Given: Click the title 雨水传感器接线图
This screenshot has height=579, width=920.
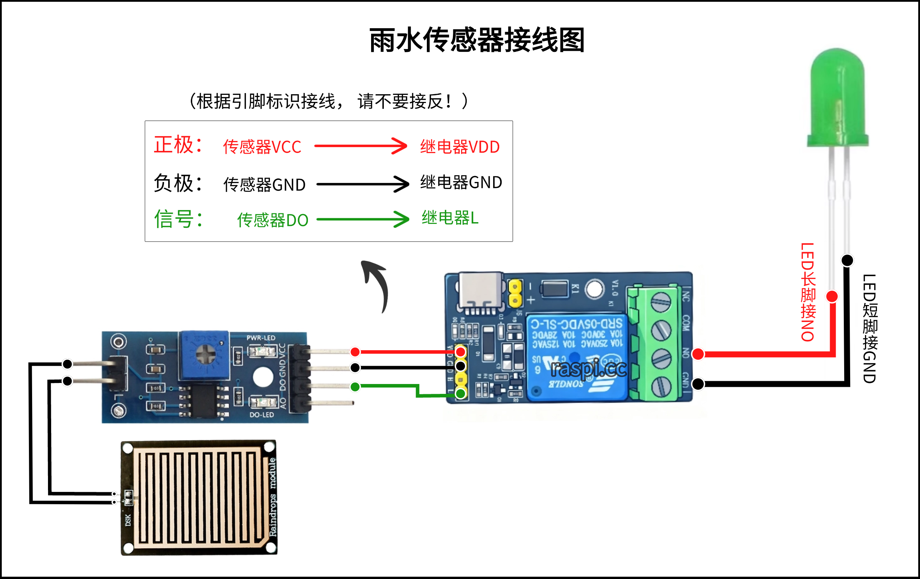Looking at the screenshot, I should click(477, 40).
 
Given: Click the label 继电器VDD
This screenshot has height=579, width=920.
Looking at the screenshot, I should click(460, 147).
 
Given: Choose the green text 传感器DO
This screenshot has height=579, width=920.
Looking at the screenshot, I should click(272, 220).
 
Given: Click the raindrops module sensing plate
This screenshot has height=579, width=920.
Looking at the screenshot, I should click(199, 497).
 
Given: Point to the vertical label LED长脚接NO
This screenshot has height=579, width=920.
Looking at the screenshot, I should click(808, 292).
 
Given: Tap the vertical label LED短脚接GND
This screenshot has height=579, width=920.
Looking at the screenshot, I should click(870, 328).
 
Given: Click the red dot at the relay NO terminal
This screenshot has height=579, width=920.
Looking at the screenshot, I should click(698, 354).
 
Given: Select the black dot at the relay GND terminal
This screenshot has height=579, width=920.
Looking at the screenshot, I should click(698, 384).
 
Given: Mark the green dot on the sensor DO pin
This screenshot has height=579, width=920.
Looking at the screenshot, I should click(355, 387).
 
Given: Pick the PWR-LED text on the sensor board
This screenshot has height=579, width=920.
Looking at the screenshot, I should click(261, 337).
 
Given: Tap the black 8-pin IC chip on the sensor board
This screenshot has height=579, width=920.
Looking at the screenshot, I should click(204, 401).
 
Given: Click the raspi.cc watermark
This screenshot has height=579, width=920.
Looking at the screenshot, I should click(588, 369).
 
